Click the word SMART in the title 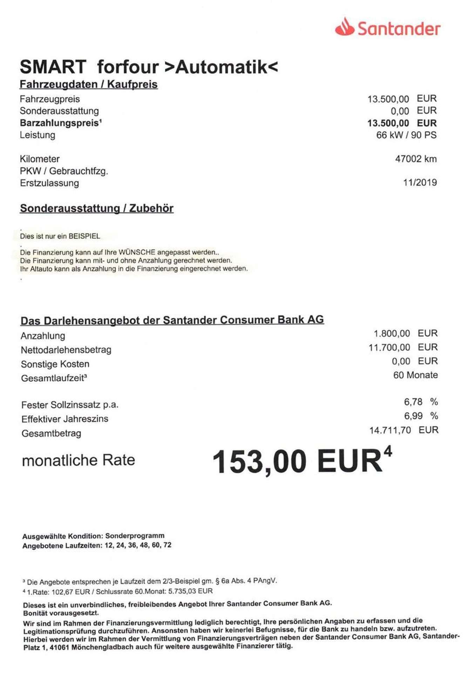pos(53,67)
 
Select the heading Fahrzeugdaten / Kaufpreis pos(89,84)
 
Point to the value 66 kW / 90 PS pos(406,135)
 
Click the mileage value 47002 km pos(416,159)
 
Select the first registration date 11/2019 pos(420,182)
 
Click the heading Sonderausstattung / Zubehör pos(97,208)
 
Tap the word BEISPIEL pos(84,236)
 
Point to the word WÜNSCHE pos(137,252)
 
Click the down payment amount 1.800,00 pos(392,333)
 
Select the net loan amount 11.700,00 pos(389,347)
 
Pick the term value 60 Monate pos(415,375)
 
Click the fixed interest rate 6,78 pos(413,402)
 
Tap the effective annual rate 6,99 pos(413,416)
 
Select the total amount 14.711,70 pos(390,430)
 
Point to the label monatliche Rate pos(79,460)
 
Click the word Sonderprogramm pos(135,536)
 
